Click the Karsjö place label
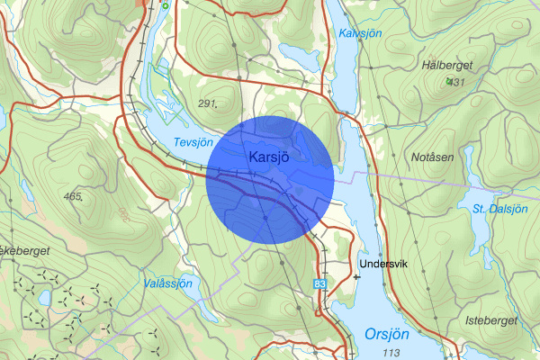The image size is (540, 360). [270, 157]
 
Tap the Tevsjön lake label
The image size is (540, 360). [193, 142]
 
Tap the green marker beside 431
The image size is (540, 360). [447, 82]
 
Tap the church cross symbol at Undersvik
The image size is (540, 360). [358, 276]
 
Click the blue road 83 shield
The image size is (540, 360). [320, 283]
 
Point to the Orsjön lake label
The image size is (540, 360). [387, 333]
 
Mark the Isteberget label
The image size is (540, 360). [491, 320]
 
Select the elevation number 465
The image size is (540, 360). [73, 195]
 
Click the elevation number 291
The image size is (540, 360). [208, 103]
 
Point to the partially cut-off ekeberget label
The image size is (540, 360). [25, 249]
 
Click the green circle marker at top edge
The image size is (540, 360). [166, 5]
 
